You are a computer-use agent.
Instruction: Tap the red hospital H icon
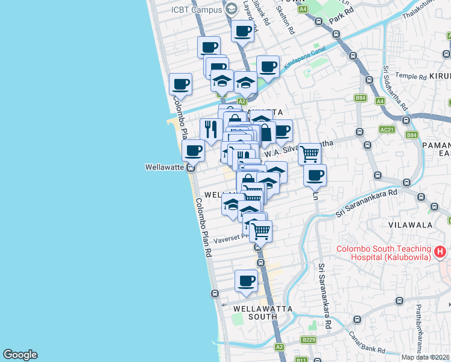441,251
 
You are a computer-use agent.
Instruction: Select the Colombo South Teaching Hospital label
383,253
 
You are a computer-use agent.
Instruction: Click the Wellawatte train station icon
190,168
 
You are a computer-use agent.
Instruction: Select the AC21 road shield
387,130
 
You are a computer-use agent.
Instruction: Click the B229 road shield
309,340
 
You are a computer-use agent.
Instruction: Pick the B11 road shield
301,360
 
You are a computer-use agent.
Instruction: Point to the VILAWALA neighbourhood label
411,225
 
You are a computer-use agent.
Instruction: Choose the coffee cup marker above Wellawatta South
246,281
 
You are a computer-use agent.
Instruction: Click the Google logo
20,355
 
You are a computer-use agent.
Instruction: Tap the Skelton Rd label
286,19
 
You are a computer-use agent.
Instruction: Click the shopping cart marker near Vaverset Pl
260,230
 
